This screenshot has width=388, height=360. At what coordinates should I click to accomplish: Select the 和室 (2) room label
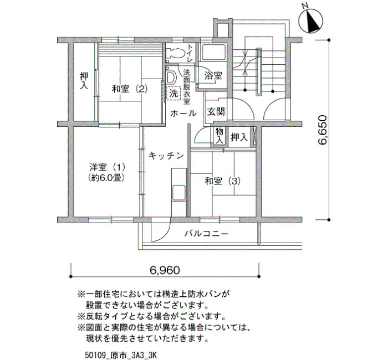pos(130,89)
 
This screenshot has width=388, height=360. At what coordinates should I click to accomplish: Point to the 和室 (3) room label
pos(222,181)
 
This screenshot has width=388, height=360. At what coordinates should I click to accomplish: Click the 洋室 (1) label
pos(107,167)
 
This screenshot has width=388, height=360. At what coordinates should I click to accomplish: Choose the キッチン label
pos(166,156)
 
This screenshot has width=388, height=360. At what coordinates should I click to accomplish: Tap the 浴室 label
pos(213,76)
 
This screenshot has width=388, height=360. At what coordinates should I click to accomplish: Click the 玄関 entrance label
pos(216,112)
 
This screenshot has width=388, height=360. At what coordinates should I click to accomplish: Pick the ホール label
pos(183,114)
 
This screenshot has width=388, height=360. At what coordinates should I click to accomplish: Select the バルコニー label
pos(207,233)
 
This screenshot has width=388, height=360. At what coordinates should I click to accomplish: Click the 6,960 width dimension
pos(165,270)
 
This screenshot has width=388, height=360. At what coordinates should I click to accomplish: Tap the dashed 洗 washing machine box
pos(173,94)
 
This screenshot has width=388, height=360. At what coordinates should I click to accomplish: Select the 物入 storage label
pos(219,136)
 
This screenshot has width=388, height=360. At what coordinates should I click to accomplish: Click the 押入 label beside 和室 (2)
pos(84,81)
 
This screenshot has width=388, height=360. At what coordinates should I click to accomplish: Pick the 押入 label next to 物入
pos(239,137)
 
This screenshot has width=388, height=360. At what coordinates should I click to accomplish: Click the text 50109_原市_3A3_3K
pos(121,355)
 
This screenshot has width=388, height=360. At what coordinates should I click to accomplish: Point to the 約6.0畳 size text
pos(107,178)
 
